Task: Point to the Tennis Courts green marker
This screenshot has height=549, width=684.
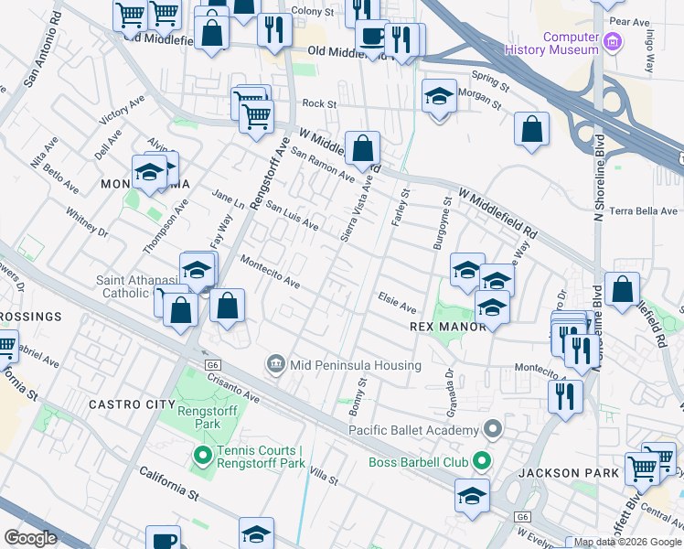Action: [200, 455]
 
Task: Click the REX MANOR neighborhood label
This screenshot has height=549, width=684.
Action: [442, 326]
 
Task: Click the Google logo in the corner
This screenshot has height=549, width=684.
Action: [30, 538]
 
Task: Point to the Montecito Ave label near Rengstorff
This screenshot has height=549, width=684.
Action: [270, 272]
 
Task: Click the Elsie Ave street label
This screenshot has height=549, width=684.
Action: [398, 302]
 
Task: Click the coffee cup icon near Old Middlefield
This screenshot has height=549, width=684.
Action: [371, 37]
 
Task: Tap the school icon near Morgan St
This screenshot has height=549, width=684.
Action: [439, 96]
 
